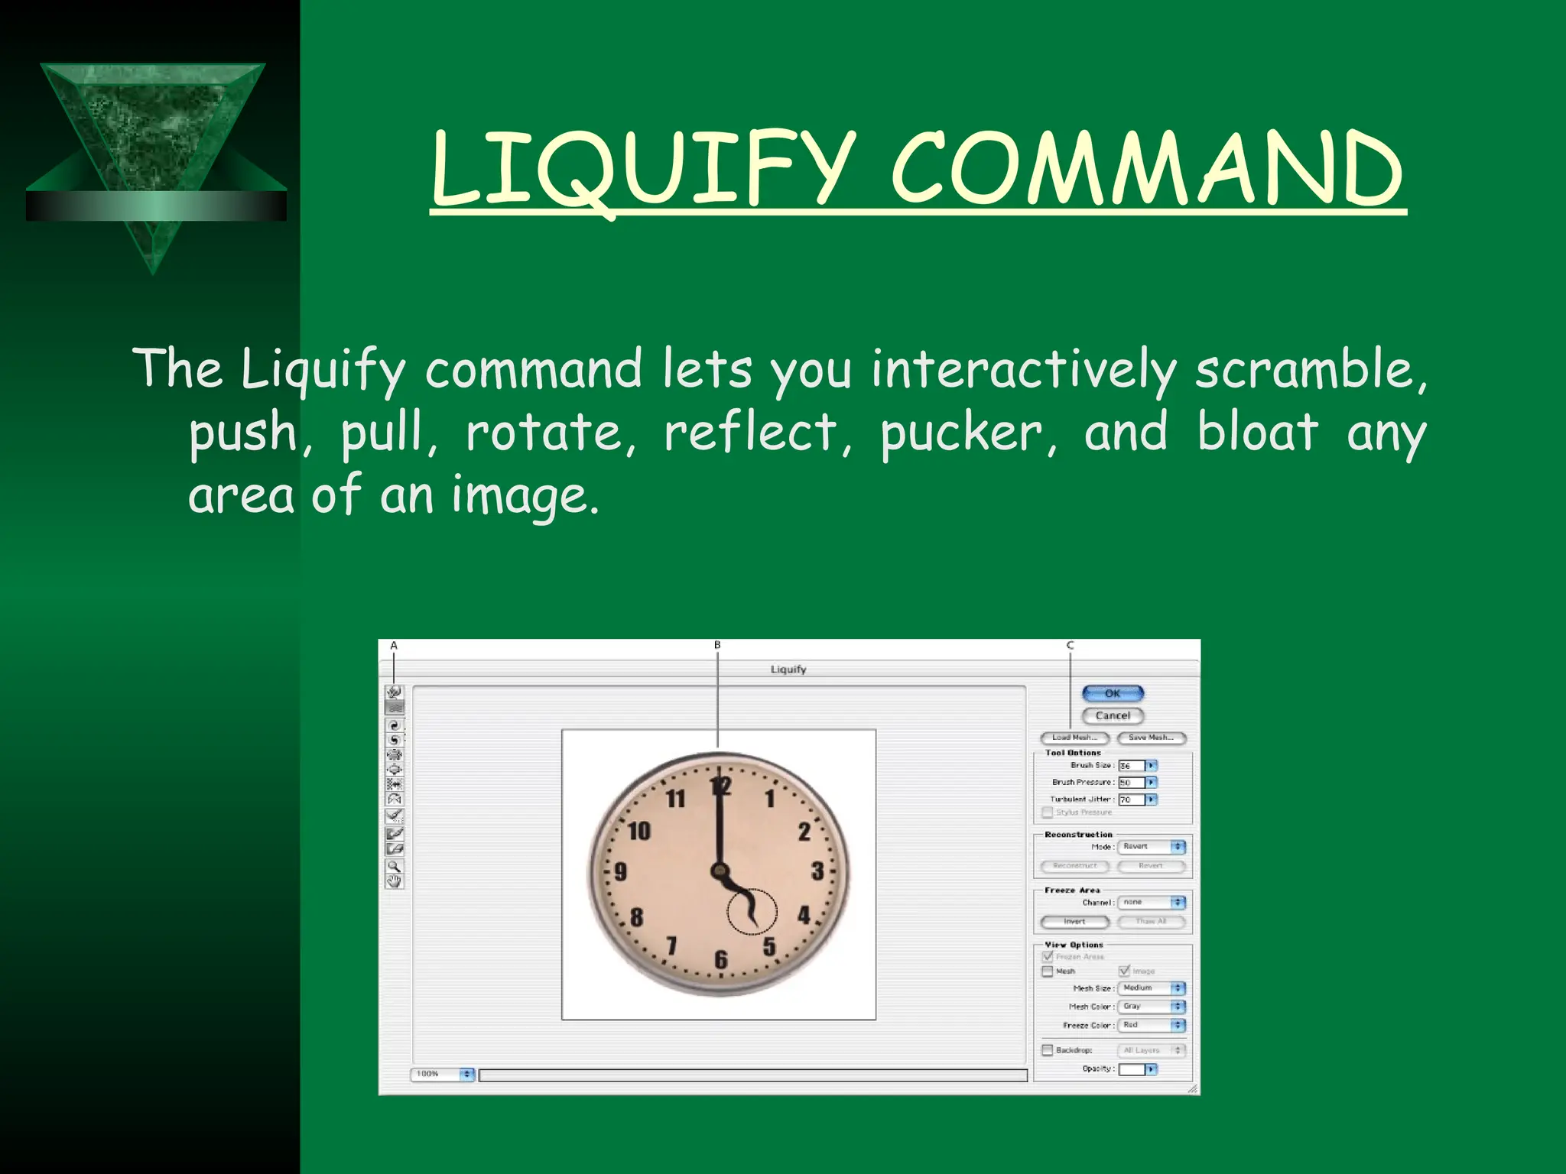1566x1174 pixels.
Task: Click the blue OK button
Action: pos(1113,693)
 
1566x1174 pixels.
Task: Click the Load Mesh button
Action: pos(1074,738)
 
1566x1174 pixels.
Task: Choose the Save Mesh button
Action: pos(1151,738)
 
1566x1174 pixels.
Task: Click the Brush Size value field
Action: pos(1131,765)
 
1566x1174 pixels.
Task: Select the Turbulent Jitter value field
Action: pos(1131,799)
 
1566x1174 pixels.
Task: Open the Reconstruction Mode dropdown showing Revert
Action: pos(1151,847)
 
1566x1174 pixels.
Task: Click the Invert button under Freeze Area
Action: pos(1074,922)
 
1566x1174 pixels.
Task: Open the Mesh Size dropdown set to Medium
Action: pos(1151,988)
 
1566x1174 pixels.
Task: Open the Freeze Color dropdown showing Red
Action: pos(1151,1025)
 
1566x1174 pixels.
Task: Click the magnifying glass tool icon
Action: pos(394,866)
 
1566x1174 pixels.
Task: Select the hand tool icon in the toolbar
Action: pos(394,881)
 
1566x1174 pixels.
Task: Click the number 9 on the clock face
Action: pos(620,872)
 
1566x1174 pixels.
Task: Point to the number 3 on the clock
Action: pos(817,871)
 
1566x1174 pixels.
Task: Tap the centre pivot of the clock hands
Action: pos(719,870)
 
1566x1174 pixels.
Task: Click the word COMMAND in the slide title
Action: pos(1147,170)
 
